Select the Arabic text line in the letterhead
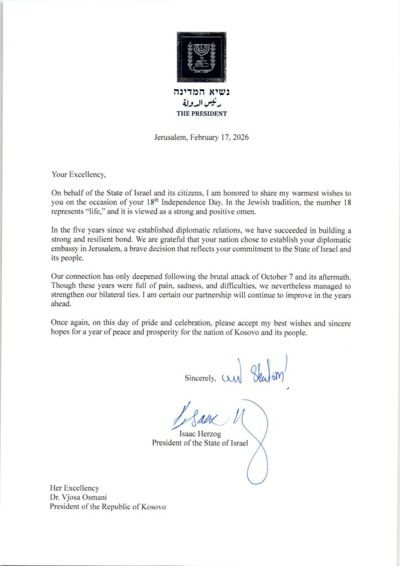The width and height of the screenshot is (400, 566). [201, 103]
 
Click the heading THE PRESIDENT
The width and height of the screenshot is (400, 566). [201, 113]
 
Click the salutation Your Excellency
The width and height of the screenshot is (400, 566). [78, 174]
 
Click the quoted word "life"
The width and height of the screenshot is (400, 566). [107, 212]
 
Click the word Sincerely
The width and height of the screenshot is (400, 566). [201, 378]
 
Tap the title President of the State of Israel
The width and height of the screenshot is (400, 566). [201, 443]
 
